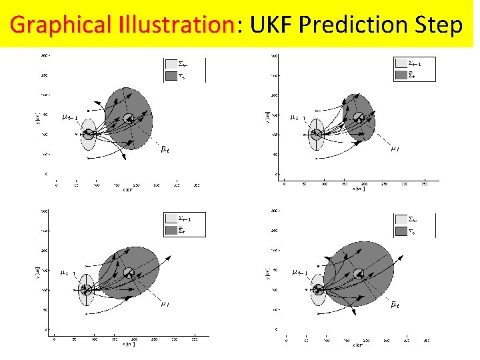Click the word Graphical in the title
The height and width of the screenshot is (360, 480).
[x=53, y=25]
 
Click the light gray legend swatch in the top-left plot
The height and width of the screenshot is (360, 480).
[x=171, y=64]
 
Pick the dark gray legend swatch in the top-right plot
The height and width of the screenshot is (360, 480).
[x=401, y=75]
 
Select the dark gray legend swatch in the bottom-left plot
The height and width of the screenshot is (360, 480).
[x=171, y=231]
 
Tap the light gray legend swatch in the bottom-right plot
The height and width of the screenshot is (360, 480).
[x=401, y=219]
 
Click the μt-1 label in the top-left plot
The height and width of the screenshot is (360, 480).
[x=69, y=118]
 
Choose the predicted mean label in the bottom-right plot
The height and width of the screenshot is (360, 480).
[x=395, y=304]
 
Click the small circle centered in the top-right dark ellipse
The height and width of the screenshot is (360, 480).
[x=359, y=118]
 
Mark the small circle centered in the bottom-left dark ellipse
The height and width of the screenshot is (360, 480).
[x=129, y=273]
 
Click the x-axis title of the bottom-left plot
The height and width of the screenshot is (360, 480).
[x=127, y=344]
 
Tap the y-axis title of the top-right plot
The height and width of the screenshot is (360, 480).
[x=267, y=117]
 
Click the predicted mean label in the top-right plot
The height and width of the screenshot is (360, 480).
[x=395, y=149]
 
